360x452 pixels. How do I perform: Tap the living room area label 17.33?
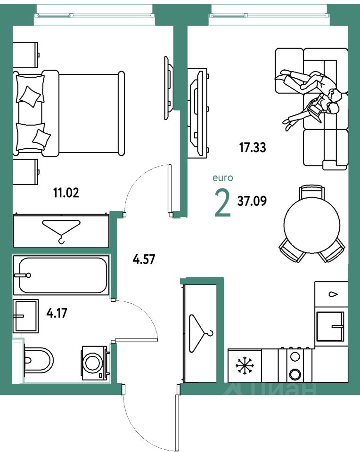click(x=253, y=148)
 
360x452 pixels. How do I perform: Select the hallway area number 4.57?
click(x=144, y=258)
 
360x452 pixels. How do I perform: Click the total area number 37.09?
click(x=253, y=202)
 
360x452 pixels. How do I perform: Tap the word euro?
click(x=223, y=178)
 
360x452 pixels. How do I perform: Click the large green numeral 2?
click(x=223, y=202)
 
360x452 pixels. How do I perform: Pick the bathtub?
click(x=61, y=275)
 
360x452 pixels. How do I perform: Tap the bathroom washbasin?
click(x=26, y=315)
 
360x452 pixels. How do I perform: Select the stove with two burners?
click(x=295, y=365)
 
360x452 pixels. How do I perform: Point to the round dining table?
click(x=311, y=224)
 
